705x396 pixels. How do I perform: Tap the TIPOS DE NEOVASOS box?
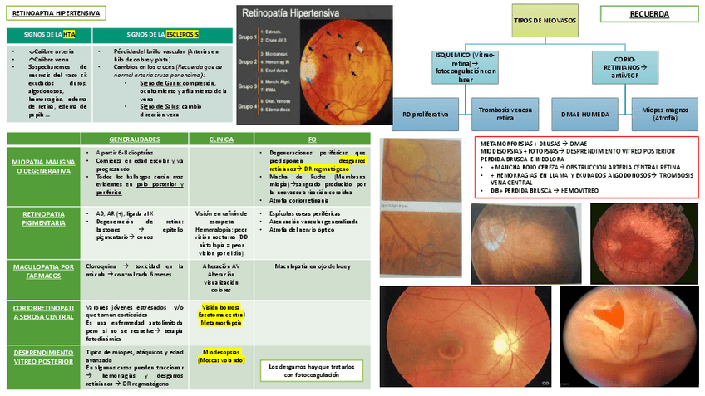coord(545,19)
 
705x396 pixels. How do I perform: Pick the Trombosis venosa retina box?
coord(505,113)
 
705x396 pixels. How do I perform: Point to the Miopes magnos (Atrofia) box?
coord(665,113)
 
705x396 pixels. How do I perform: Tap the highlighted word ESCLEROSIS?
coord(182,35)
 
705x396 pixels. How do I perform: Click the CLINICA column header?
coord(219,139)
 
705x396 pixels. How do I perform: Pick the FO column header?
coord(312,139)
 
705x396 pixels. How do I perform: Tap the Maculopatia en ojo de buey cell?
coord(312,266)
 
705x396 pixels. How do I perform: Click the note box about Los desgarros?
coord(312,370)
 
